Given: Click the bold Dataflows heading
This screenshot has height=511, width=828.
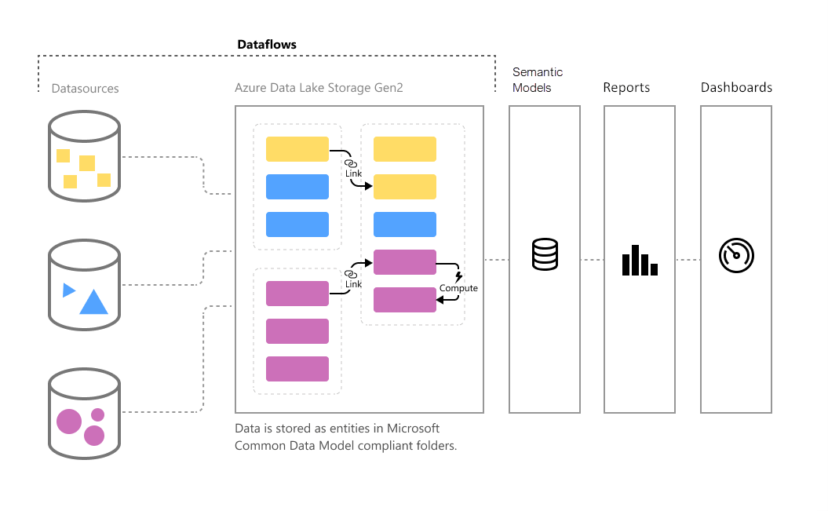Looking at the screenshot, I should pos(267,45).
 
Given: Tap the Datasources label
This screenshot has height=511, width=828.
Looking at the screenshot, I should pos(85,89).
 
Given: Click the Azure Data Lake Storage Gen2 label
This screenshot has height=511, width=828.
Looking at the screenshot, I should pos(319,88).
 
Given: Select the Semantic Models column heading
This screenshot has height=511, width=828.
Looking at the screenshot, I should pos(538,80).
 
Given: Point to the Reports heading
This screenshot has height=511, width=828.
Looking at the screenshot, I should pos(626,88).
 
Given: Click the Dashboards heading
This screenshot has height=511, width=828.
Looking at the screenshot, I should pos(736,88).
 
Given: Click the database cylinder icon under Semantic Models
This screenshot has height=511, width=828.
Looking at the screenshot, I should pos(545,254).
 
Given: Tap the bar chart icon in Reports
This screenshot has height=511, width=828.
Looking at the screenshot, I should pos(640,261).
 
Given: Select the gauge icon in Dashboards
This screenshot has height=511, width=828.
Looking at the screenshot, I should pos(736,256).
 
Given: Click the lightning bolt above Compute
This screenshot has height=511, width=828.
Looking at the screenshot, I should pos(459,276).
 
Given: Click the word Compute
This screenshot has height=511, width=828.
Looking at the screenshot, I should pos(458,288).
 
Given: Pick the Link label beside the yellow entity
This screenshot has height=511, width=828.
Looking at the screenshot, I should pos(353,172).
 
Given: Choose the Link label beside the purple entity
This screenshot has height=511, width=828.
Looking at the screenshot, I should pos(353,283).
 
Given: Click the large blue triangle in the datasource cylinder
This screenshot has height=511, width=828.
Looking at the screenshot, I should pos(93,302).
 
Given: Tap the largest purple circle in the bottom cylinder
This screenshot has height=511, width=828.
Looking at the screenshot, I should pos(69,421).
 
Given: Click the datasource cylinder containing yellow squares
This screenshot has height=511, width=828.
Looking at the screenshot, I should pos(84,154).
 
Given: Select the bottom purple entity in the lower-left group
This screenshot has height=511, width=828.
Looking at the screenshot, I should pos(297,369).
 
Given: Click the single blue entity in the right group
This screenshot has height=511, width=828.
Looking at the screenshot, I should pos(404,224).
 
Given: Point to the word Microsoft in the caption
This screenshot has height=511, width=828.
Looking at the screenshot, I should pos(414,429).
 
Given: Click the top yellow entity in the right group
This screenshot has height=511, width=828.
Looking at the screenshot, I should pos(404,149).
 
